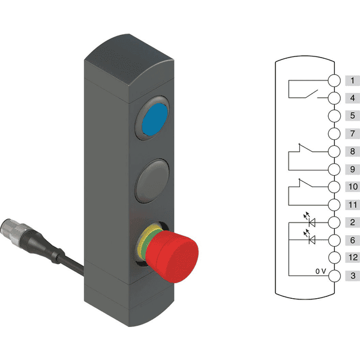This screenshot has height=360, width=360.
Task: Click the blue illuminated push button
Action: coord(155,119)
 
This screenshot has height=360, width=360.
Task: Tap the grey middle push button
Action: coord(152,181)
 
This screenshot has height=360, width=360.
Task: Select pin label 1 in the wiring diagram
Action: coord(352,80)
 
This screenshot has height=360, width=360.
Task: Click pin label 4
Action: coord(352,98)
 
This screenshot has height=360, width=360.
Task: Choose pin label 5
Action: coord(352,115)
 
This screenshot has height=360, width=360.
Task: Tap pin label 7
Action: coord(352,133)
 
